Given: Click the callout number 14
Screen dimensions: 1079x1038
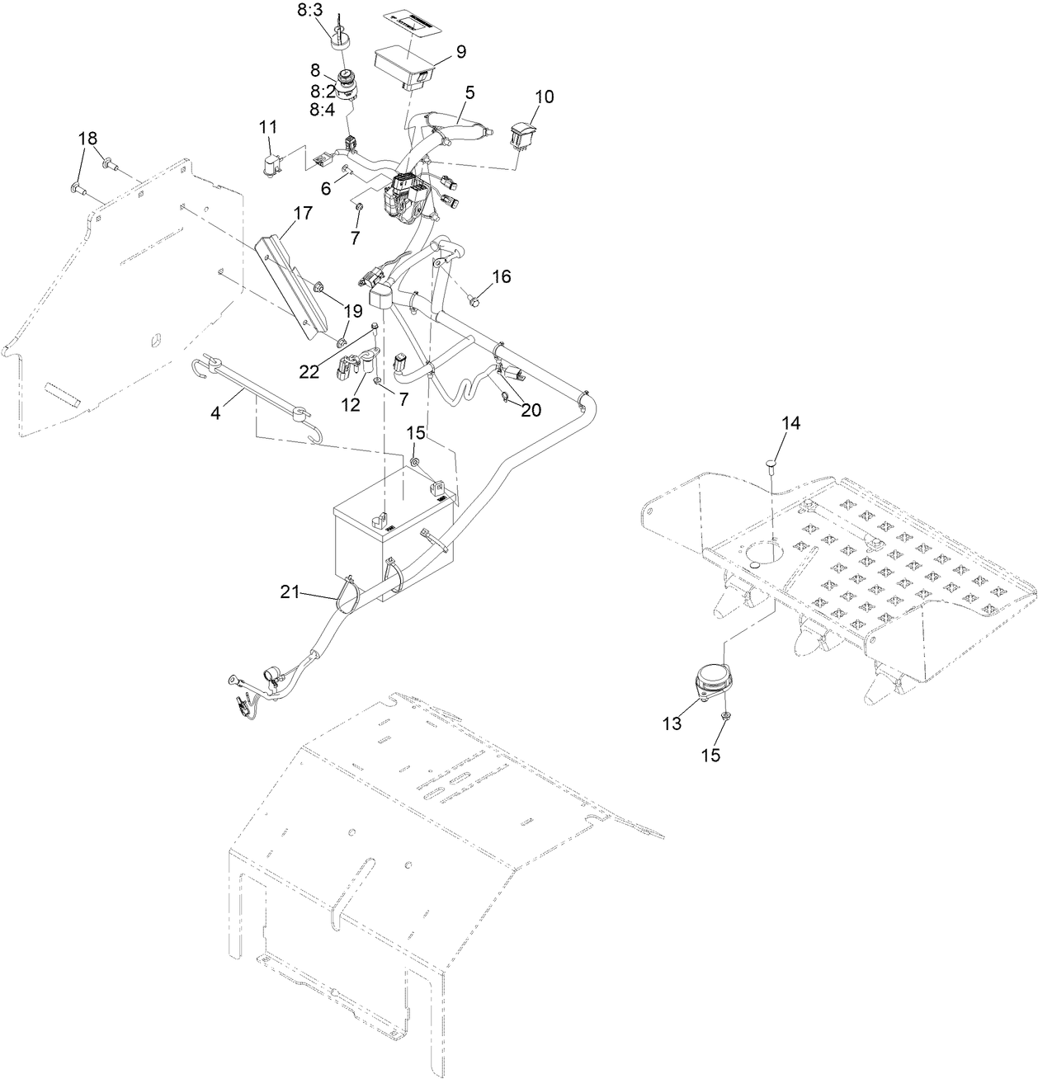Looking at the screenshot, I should click(x=790, y=423).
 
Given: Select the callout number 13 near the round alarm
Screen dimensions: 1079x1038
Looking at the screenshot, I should click(x=672, y=723).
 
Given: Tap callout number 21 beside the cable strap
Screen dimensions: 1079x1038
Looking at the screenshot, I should click(x=291, y=591).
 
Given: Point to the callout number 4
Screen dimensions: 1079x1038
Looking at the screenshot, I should click(x=215, y=412).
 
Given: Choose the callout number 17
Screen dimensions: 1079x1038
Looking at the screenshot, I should click(x=302, y=213).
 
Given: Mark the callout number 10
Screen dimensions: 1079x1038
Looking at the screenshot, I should click(x=544, y=97).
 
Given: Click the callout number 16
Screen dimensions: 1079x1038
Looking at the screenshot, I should click(x=502, y=276).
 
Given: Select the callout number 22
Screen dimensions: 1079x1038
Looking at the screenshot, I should click(x=309, y=372).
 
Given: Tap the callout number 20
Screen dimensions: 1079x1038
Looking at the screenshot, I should click(x=531, y=409).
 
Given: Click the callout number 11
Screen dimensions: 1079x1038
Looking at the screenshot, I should click(x=267, y=127).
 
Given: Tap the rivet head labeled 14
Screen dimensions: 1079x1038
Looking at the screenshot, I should click(x=771, y=464).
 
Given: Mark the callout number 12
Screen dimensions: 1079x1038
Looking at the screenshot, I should click(x=352, y=405).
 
